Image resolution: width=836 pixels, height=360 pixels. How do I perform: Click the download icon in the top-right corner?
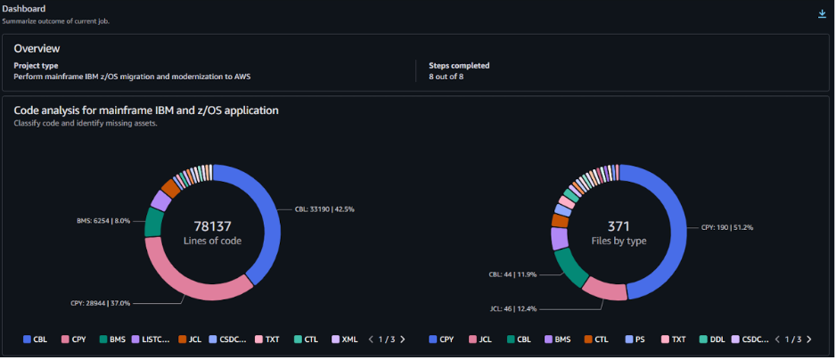tap(822, 14)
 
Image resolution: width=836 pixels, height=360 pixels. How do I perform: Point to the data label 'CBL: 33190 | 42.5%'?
tap(324, 209)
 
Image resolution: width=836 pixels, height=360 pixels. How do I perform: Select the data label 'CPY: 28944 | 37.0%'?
tap(100, 303)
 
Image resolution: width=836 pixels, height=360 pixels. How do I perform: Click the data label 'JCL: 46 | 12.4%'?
tap(512, 309)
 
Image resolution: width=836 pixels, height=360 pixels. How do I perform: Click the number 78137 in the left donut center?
tap(212, 225)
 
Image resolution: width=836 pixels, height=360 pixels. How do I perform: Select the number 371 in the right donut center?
tap(619, 225)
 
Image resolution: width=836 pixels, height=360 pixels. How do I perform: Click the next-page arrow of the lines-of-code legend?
tap(403, 340)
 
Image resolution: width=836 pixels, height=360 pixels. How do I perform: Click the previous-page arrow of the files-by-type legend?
tap(778, 340)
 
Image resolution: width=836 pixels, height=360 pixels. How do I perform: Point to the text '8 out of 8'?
tap(447, 77)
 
